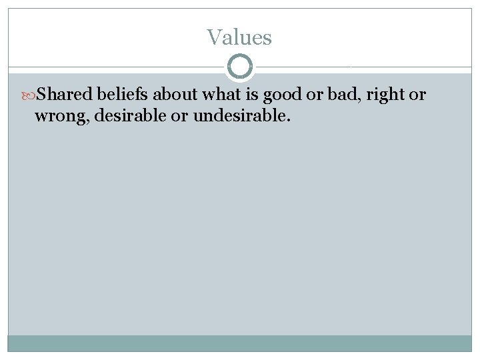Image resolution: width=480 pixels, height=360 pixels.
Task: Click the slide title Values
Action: click(239, 37)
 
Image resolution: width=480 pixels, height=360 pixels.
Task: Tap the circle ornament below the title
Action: click(240, 67)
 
